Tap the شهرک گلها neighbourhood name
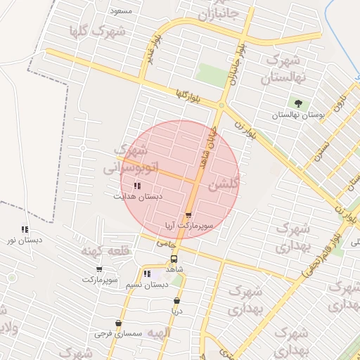[98, 31]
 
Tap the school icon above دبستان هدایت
[137, 186]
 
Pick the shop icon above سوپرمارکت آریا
[188, 215]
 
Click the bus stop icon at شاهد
[174, 258]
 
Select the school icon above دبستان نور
[25, 229]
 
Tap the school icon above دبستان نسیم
[147, 274]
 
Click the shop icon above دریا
[176, 300]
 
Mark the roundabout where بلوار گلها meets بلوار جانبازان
[221, 105]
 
